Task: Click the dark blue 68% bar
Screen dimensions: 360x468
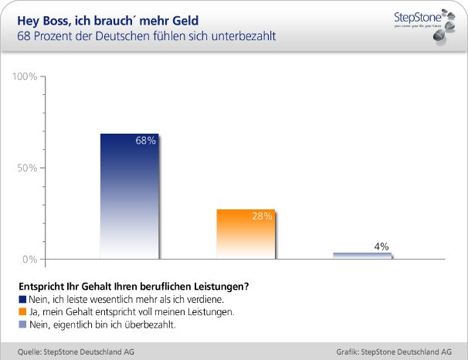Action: click(x=129, y=197)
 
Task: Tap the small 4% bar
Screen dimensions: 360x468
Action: click(x=361, y=256)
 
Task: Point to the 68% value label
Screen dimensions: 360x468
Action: click(x=146, y=141)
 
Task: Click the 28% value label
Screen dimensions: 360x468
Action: click(x=262, y=216)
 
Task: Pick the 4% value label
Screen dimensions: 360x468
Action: click(x=381, y=246)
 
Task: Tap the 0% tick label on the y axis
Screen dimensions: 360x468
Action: click(x=29, y=260)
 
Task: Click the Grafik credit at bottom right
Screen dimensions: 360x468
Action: click(x=394, y=351)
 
